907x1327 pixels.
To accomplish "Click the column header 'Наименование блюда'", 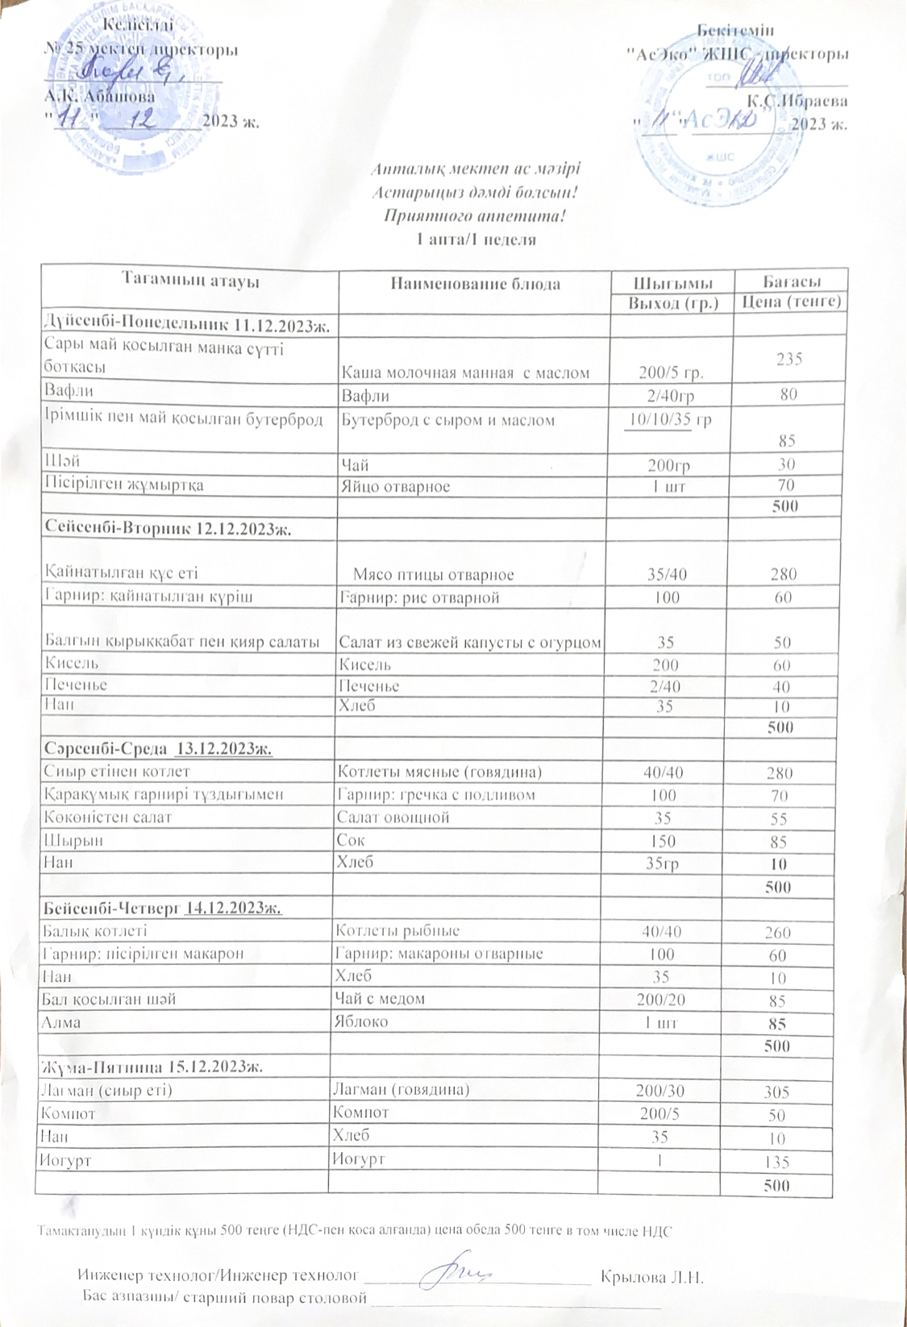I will coord(475,284).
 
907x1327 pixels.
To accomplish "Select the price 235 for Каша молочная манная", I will coord(788,359).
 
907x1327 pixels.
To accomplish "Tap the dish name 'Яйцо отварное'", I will coord(396,486).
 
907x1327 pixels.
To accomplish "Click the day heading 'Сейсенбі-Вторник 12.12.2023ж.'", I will coord(168,529).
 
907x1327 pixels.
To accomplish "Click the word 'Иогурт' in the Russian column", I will coord(358,1159).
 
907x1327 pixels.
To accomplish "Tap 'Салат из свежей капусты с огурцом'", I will coord(469,643).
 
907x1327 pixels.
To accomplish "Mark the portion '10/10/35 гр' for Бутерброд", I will coord(668,419).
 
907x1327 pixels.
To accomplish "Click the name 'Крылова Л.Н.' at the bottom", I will coord(653,1277).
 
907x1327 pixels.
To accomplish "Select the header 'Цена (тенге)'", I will coord(792,302).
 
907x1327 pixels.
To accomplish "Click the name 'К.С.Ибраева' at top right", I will coord(797,102).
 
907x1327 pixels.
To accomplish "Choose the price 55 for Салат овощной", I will coord(778,818).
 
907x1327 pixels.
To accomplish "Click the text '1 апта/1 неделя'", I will coord(476,239).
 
